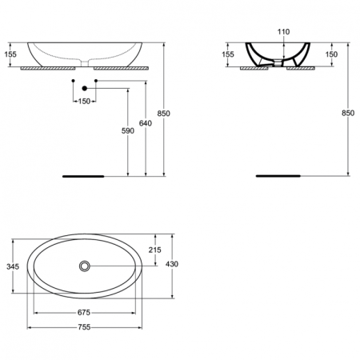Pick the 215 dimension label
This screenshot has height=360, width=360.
(155, 250)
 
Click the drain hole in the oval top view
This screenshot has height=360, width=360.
(84, 265)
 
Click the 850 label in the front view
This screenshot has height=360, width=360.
(164, 114)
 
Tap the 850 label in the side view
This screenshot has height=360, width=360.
(348, 114)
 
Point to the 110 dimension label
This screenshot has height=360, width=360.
(282, 31)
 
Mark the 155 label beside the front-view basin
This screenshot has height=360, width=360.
(10, 54)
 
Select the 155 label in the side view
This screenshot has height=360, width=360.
(228, 54)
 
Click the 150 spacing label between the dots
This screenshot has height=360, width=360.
(84, 101)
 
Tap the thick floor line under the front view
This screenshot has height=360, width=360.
(84, 174)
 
